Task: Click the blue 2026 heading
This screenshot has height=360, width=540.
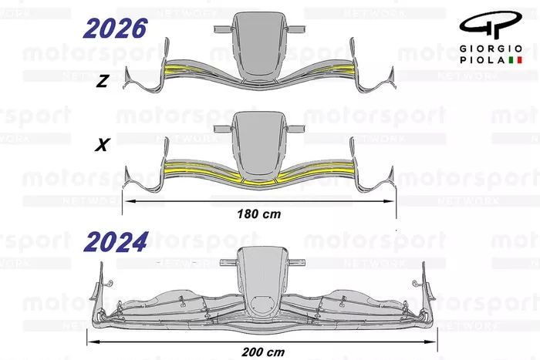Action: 116,29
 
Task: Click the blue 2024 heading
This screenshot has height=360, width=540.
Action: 116,242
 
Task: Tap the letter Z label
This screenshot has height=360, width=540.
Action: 103,81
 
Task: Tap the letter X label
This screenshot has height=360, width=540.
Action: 103,145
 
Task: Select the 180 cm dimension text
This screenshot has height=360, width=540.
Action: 259,214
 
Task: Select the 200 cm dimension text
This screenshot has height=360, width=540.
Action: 263,352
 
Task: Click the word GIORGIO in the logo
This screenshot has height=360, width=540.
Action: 491,49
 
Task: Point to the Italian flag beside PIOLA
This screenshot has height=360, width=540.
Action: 515,60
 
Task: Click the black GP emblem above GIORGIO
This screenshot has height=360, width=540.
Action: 491,25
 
